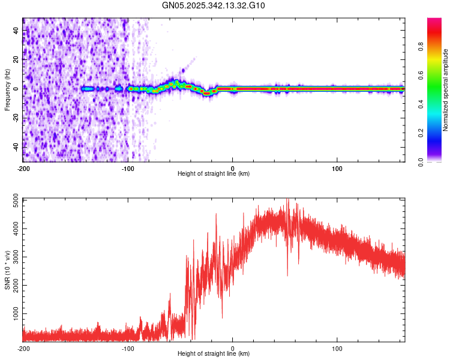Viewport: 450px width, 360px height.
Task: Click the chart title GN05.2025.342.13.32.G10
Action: (214, 5)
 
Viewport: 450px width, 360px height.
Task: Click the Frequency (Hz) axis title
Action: (7, 90)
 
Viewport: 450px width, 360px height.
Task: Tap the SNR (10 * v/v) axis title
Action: (7, 269)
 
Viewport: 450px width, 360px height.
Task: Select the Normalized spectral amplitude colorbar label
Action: (445, 90)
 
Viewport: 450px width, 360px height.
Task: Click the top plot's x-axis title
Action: (214, 173)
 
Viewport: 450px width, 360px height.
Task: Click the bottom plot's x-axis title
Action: (214, 353)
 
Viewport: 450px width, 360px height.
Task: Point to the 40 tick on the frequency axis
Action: (16, 30)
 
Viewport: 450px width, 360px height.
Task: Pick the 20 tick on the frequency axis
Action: (16, 59)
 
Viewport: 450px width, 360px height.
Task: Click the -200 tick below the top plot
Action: (23, 168)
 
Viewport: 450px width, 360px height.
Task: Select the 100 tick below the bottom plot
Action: (337, 348)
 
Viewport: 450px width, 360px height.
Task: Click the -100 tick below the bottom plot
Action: (128, 348)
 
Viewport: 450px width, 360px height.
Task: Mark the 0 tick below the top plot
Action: (233, 168)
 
